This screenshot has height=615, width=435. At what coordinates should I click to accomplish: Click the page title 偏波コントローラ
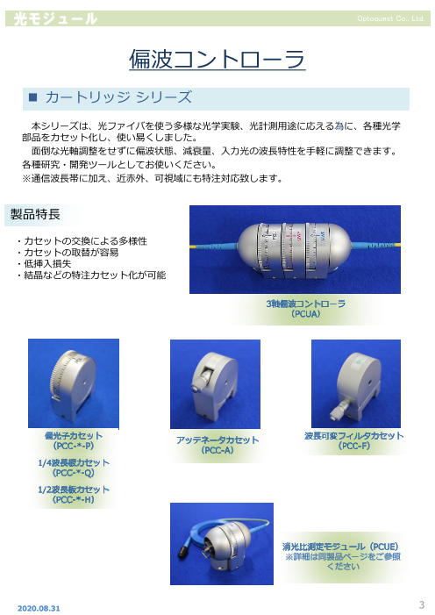pos(217,60)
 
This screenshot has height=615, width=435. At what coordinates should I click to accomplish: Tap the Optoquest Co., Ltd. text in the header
pos(390,18)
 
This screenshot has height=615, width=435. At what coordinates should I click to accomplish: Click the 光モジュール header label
pos(55,18)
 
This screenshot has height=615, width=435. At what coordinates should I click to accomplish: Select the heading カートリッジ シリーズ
pos(118,97)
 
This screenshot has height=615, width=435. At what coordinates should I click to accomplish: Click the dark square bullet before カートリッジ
pos(33,97)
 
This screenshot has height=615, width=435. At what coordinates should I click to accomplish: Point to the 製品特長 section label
pos(35,214)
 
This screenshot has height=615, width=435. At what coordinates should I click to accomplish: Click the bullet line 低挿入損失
pos(45,263)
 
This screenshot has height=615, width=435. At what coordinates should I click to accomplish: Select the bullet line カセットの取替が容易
pos(68,252)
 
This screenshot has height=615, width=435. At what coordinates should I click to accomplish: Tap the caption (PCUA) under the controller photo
pos(305,314)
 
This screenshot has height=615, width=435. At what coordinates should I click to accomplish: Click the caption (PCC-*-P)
pos(74,446)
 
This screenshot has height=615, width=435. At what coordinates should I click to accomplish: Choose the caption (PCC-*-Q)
pos(74,473)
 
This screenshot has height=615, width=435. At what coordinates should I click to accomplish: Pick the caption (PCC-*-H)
pos(74,500)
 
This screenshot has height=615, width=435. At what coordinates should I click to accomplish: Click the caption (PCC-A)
pos(217,450)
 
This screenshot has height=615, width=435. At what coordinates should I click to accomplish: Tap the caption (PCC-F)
pos(353,446)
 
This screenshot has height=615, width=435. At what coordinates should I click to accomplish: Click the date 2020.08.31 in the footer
pos(39,608)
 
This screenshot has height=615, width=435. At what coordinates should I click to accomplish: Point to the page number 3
pos(422,604)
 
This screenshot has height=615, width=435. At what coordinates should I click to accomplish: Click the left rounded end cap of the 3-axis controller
pos(248,246)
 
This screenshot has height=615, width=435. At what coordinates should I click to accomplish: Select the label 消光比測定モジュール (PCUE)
pos(340,547)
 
